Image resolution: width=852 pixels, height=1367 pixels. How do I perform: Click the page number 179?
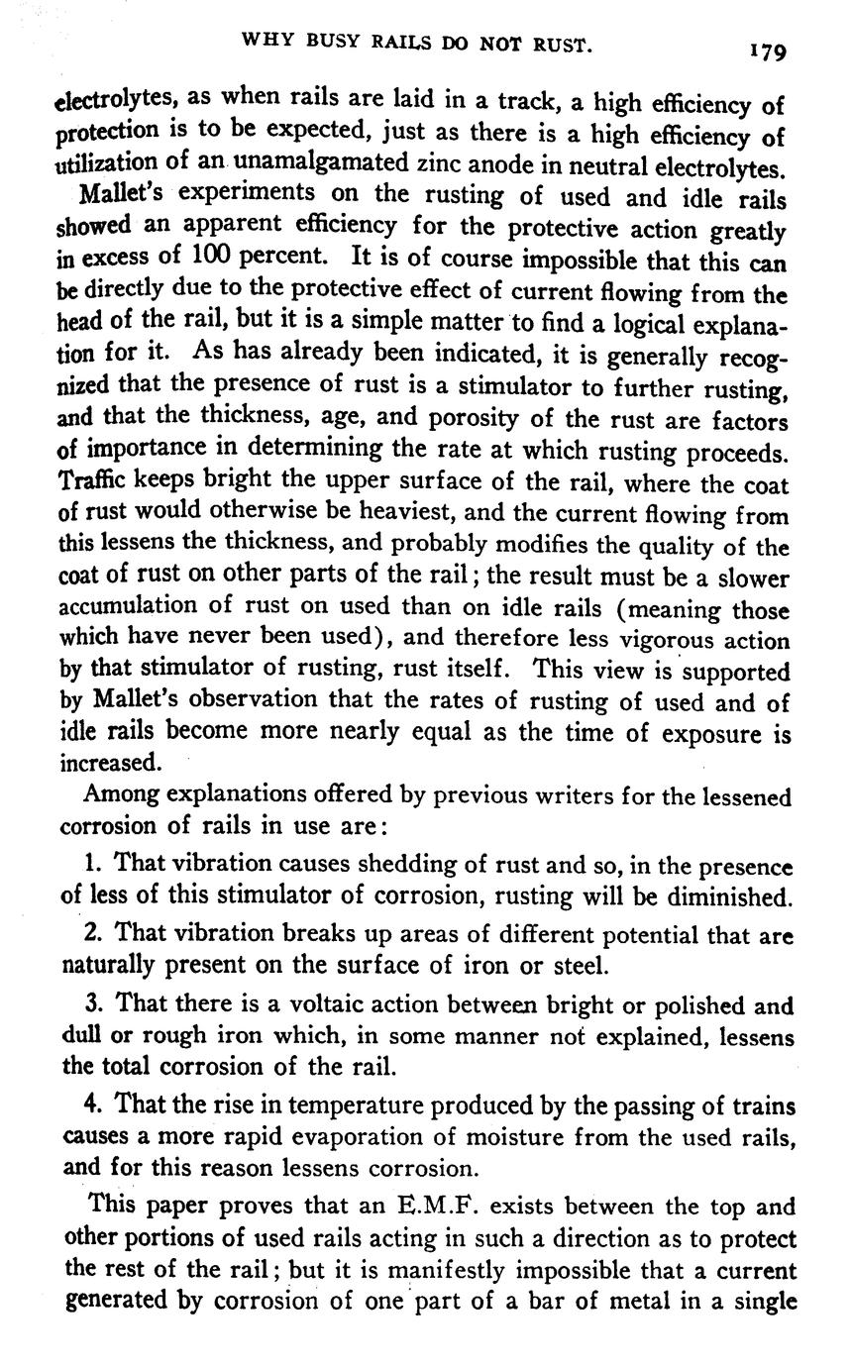[768, 51]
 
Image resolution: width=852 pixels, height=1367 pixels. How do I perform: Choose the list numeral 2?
[92, 934]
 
